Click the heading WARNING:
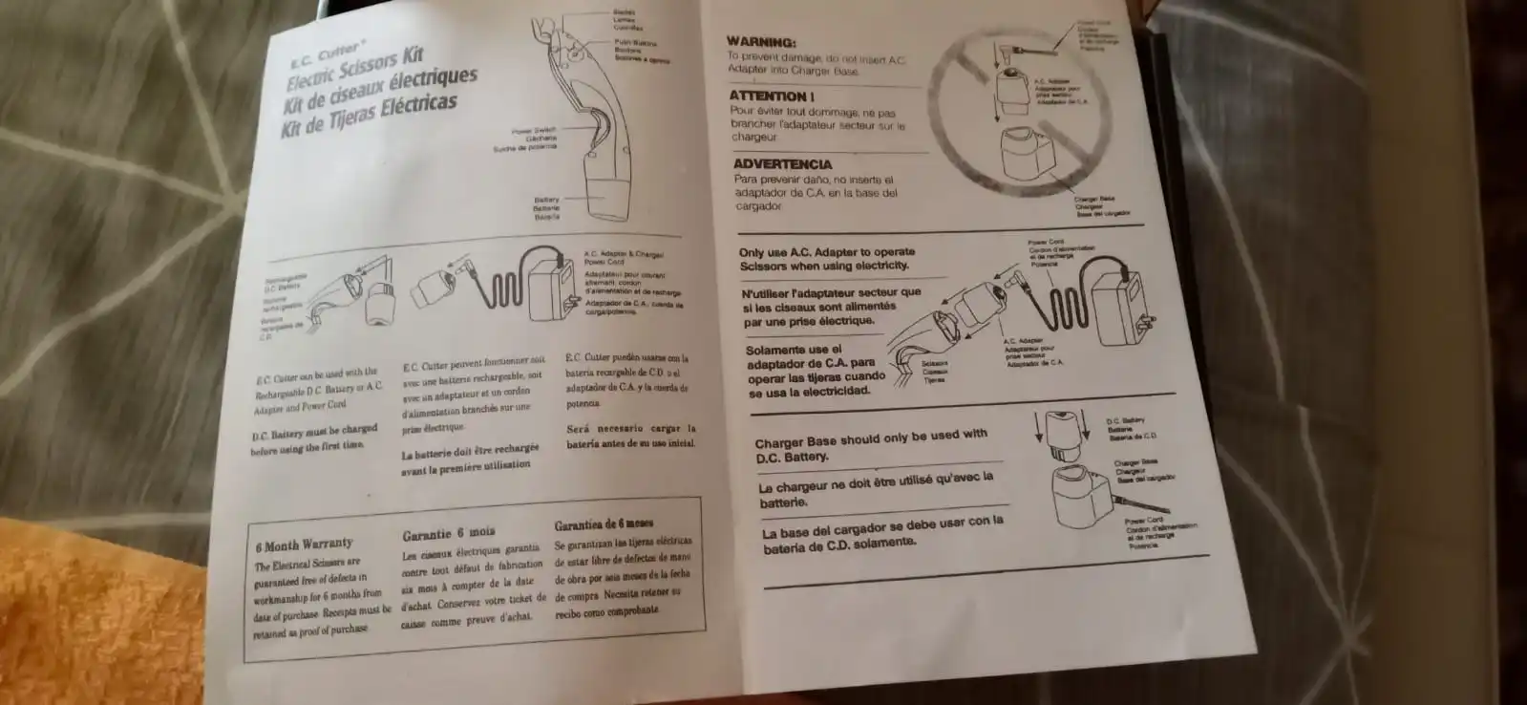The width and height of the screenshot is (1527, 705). coord(761,42)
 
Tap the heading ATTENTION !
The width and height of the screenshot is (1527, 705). coord(771,96)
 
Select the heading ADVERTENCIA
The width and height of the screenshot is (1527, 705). coord(782,163)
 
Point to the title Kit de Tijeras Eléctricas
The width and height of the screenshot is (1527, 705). coord(369,117)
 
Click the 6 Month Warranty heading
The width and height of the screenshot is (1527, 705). coord(304,545)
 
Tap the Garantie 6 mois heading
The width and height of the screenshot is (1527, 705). coord(448,533)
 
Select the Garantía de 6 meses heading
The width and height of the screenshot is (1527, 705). coord(604,524)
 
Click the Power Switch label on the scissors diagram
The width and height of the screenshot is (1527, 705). coord(533,132)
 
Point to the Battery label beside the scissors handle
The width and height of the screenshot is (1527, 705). coord(547,200)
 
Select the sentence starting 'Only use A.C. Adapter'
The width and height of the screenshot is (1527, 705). coord(826,259)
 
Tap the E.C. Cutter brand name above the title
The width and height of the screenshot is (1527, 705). coord(325,53)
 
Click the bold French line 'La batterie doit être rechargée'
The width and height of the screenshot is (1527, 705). coord(470,450)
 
